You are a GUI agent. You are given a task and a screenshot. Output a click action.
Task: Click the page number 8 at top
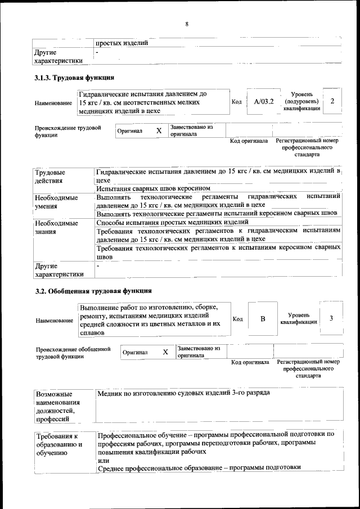186,24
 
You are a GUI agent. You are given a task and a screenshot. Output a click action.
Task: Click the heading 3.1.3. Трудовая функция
75,77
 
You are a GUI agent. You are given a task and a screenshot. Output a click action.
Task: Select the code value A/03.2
263,102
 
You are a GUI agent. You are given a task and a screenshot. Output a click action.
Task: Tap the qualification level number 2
332,101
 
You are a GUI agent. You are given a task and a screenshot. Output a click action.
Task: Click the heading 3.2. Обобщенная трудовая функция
93,291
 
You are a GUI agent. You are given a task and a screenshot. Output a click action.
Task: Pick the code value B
262,319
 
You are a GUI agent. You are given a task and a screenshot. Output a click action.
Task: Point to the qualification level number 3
331,318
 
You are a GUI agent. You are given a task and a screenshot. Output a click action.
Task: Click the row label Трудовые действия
49,177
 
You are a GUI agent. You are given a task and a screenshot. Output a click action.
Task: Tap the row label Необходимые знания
56,228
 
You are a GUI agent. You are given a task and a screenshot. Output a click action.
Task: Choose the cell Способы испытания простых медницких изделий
168,223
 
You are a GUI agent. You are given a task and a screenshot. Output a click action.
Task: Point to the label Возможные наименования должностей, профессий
57,406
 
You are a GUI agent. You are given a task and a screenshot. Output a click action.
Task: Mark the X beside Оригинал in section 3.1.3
159,130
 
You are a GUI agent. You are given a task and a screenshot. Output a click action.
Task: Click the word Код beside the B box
237,319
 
